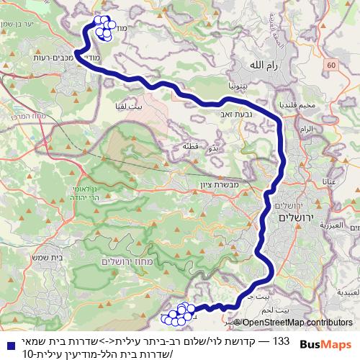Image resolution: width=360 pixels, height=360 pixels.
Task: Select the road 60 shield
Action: [330, 66]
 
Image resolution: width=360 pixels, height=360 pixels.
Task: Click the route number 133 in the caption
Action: [283, 339]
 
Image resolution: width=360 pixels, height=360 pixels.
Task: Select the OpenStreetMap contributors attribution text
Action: [297, 323]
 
